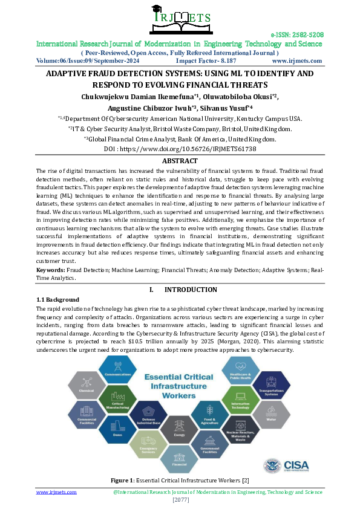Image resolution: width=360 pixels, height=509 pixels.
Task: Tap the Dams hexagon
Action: click(117, 427)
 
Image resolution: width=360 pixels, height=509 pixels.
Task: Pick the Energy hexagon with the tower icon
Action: click(180, 427)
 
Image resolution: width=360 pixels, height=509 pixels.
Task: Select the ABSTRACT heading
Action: click(180, 161)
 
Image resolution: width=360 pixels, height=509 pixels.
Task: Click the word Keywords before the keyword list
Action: click(50, 270)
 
